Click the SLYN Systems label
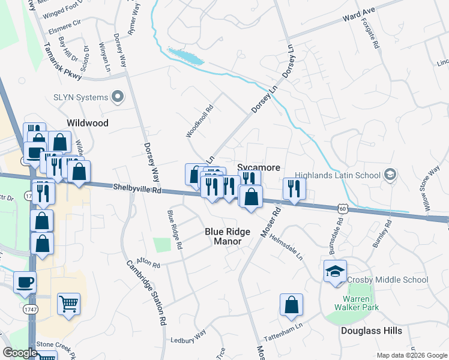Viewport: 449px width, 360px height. (80, 97)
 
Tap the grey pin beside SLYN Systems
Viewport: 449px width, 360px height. (118, 97)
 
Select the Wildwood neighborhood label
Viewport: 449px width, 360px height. (88, 123)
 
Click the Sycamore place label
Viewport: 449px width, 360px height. (259, 168)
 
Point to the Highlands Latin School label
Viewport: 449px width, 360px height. (342, 175)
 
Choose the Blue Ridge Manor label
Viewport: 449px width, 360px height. (223, 236)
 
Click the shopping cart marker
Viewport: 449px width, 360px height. (69, 304)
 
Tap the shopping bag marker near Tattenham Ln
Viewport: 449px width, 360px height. (291, 304)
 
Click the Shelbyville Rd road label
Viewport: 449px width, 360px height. (137, 189)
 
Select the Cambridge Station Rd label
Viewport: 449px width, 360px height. (146, 292)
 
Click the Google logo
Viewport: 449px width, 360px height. (20, 353)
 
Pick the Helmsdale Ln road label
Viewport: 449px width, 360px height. (286, 246)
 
